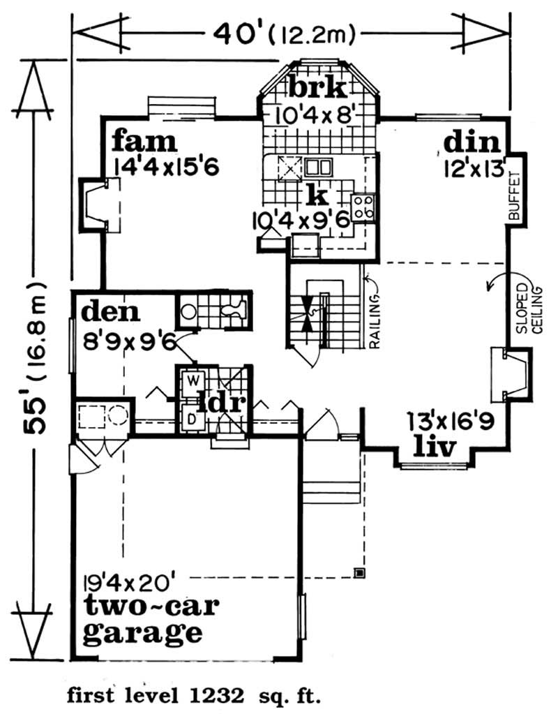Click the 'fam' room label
(x=144, y=142)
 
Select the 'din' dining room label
(x=472, y=143)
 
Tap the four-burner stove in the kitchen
(x=363, y=207)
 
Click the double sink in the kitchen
(x=318, y=168)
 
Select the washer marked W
(x=191, y=382)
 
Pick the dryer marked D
(x=191, y=419)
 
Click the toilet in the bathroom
(x=232, y=308)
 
